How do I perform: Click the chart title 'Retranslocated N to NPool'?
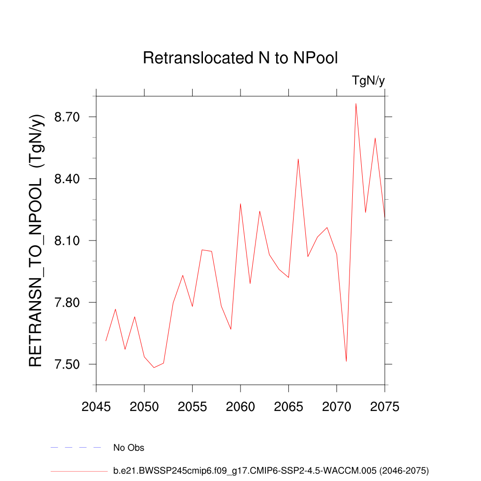[x=240, y=58]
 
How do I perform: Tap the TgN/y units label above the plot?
[x=368, y=81]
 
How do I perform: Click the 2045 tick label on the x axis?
[x=96, y=407]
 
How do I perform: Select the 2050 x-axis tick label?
[x=144, y=407]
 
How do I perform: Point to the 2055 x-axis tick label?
[x=193, y=407]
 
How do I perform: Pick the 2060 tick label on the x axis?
[x=240, y=407]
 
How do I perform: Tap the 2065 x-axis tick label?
[x=288, y=407]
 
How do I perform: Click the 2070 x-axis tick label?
[x=337, y=407]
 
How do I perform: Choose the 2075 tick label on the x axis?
[x=385, y=407]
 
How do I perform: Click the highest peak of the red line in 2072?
[x=356, y=104]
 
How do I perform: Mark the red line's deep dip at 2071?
[x=346, y=361]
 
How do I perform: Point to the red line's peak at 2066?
[x=298, y=159]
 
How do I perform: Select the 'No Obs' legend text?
[x=129, y=448]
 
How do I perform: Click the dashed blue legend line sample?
[x=76, y=448]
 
